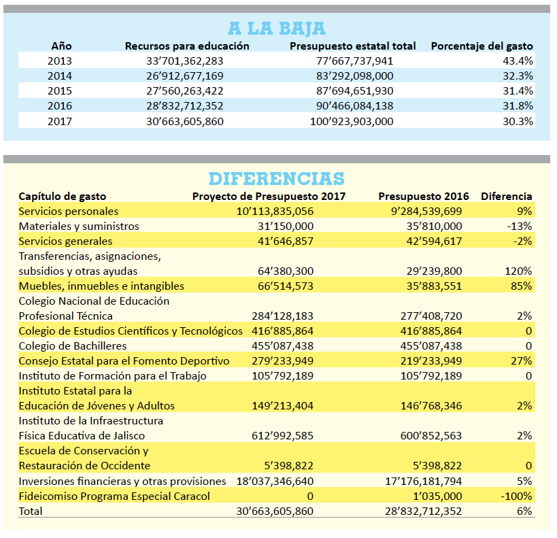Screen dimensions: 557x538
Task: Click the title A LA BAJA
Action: pyautogui.click(x=277, y=29)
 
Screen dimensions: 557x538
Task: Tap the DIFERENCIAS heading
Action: pyautogui.click(x=276, y=179)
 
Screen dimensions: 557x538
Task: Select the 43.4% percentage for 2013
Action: pyautogui.click(x=518, y=61)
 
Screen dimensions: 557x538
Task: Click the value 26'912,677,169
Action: pyautogui.click(x=185, y=75)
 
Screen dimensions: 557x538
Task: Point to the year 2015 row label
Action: pyautogui.click(x=60, y=90)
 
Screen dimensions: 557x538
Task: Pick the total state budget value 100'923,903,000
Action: pyautogui.click(x=352, y=121)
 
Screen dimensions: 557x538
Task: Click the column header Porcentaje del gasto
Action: pyautogui.click(x=482, y=46)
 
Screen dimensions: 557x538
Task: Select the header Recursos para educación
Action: pyautogui.click(x=187, y=46)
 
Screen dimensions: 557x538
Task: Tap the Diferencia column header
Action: pyautogui.click(x=507, y=196)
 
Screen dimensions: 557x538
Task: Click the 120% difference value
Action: pyautogui.click(x=518, y=271)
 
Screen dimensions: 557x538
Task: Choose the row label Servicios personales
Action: pyautogui.click(x=68, y=212)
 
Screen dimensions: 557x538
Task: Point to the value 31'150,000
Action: pyautogui.click(x=286, y=226)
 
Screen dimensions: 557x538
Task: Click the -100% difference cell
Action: pyautogui.click(x=516, y=496)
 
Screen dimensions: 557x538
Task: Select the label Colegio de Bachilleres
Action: pyautogui.click(x=73, y=346)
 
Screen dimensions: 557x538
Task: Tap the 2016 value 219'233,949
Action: pyautogui.click(x=431, y=361)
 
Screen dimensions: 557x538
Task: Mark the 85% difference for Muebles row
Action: pyautogui.click(x=522, y=286)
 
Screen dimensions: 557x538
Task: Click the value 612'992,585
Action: pyautogui.click(x=282, y=436)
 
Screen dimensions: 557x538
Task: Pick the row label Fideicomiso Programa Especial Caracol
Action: pyautogui.click(x=114, y=496)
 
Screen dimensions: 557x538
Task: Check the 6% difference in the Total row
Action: pyautogui.click(x=524, y=511)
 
